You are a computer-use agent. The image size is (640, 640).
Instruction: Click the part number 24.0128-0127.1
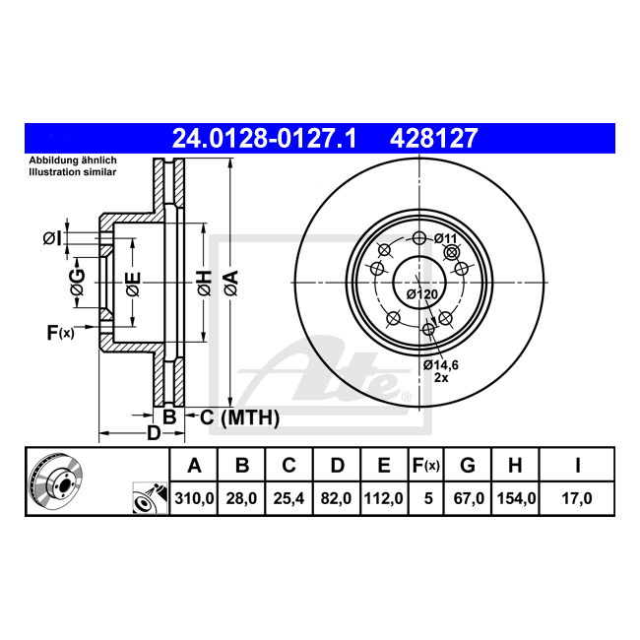click(265, 139)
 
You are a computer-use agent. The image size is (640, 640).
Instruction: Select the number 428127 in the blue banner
click(433, 139)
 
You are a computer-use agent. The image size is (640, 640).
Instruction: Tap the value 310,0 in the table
click(194, 498)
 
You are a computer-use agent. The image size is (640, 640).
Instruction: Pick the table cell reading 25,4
click(288, 498)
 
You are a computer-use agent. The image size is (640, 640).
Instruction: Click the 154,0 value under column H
click(516, 498)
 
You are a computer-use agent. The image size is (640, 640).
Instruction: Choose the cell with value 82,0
click(336, 498)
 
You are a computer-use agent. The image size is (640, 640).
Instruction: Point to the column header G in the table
click(468, 465)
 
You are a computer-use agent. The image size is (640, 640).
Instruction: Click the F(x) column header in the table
click(426, 465)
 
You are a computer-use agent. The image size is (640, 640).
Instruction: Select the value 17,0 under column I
click(577, 498)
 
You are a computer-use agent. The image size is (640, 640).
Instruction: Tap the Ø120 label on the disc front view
click(422, 293)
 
